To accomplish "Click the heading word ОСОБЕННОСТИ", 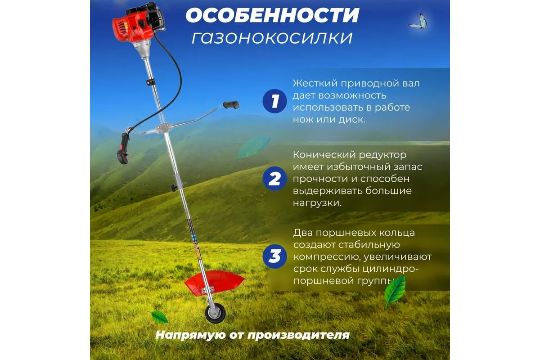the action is tap(272, 15).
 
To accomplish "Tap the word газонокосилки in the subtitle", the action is tap(272, 38).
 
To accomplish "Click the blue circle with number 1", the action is tap(274, 101).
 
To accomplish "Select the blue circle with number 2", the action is tap(274, 179).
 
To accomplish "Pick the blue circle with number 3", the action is tap(274, 256).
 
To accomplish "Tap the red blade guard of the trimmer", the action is tap(215, 282).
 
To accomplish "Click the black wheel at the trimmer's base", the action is tap(215, 313).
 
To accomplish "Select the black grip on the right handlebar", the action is tap(231, 105).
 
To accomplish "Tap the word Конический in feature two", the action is tap(324, 155).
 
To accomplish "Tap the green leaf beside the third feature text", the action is tap(395, 292).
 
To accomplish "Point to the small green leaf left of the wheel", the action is tap(159, 317).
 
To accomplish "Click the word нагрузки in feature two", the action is tap(317, 203).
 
